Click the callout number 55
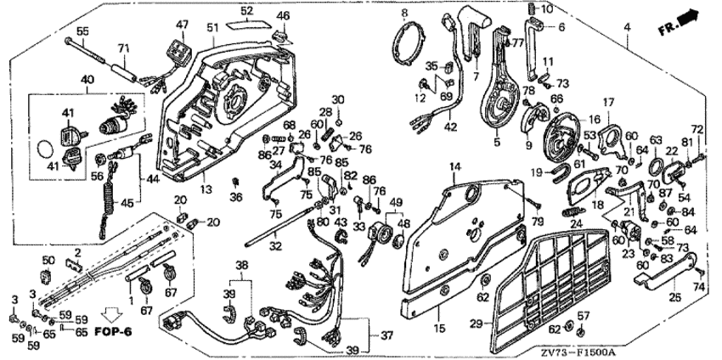pyautogui.click(x=82, y=31)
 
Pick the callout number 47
pyautogui.click(x=182, y=26)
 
